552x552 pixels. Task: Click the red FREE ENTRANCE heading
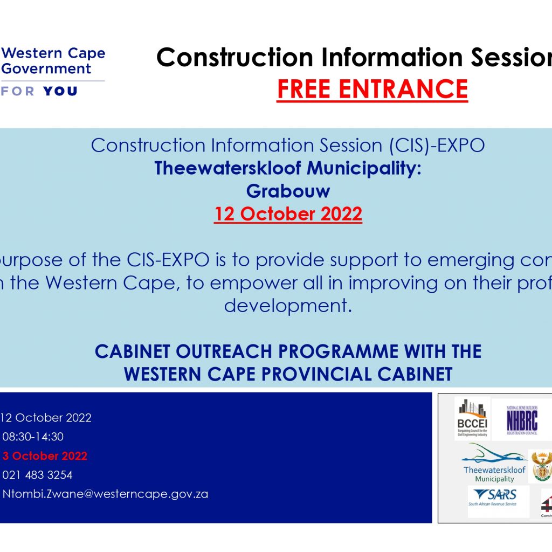pyautogui.click(x=372, y=89)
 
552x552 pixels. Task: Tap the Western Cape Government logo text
pyautogui.click(x=53, y=61)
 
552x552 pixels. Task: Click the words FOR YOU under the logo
pyautogui.click(x=40, y=91)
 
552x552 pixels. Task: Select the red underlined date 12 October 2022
pyautogui.click(x=288, y=214)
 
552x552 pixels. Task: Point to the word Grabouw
pyautogui.click(x=288, y=191)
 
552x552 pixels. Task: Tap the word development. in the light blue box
pyautogui.click(x=288, y=306)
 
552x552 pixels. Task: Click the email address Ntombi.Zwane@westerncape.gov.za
pyautogui.click(x=105, y=494)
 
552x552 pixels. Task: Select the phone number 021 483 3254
pyautogui.click(x=37, y=475)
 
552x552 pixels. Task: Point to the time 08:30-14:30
pyautogui.click(x=33, y=437)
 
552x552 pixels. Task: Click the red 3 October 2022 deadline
pyautogui.click(x=45, y=456)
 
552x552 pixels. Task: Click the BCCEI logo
pyautogui.click(x=472, y=419)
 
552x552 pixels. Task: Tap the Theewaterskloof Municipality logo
pyautogui.click(x=494, y=464)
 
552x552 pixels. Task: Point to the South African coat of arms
pyautogui.click(x=541, y=465)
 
